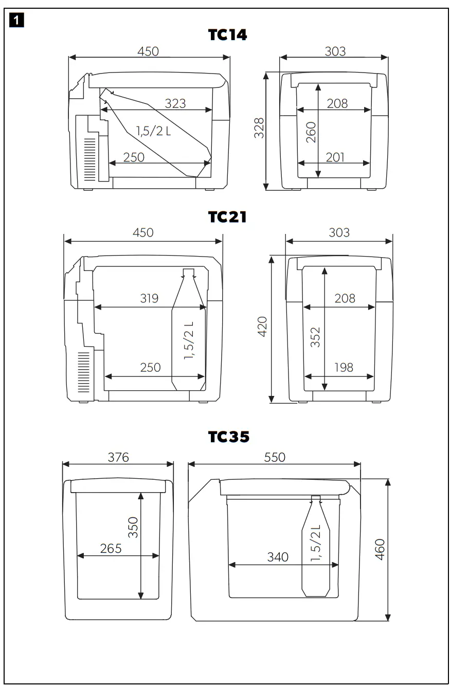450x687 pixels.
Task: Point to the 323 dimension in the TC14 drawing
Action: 175,103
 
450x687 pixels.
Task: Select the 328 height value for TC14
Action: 260,128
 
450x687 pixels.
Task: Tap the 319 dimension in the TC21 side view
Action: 149,299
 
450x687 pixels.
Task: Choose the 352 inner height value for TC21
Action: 316,337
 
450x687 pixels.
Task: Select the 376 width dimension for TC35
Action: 118,457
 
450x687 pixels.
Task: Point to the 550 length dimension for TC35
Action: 275,457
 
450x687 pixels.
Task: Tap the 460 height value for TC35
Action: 380,550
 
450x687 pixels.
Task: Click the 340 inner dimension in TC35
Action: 278,557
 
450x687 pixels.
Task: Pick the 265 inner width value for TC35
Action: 111,548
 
